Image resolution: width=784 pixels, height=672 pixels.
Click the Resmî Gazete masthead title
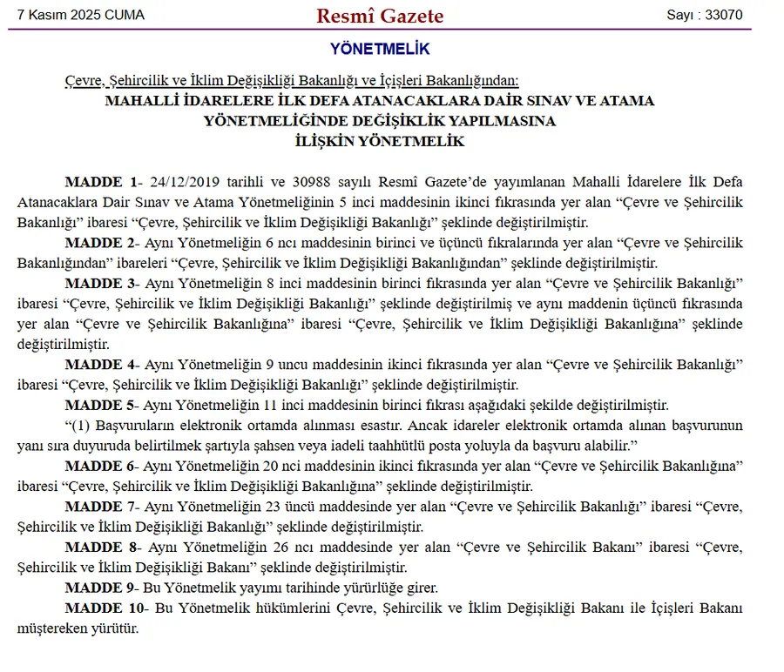coord(380,16)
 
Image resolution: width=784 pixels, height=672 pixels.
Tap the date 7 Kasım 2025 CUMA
coord(81,16)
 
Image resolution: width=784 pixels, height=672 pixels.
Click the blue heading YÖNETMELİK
coord(380,50)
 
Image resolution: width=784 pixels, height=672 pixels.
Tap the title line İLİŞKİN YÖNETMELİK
coord(380,141)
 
